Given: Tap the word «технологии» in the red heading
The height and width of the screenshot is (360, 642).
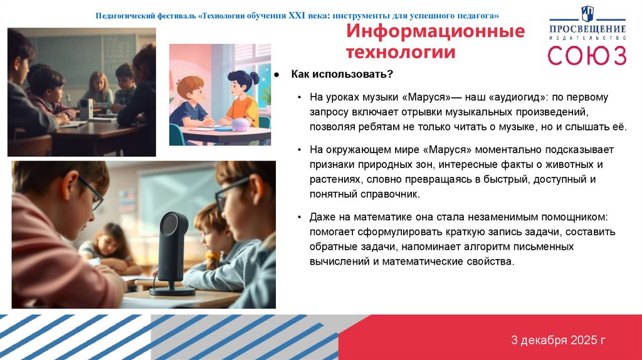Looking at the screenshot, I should (x=401, y=52).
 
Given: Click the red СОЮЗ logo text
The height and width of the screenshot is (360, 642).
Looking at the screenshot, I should (x=587, y=55).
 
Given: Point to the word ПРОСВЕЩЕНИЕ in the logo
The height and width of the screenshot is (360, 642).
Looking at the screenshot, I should (x=587, y=29).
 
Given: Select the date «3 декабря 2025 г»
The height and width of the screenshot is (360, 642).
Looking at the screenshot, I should (x=558, y=341).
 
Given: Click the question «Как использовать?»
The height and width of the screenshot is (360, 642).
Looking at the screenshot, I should (x=342, y=75).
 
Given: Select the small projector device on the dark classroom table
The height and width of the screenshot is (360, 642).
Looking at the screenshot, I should (x=85, y=109).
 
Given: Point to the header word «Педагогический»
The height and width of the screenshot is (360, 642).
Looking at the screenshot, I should (x=126, y=15).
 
